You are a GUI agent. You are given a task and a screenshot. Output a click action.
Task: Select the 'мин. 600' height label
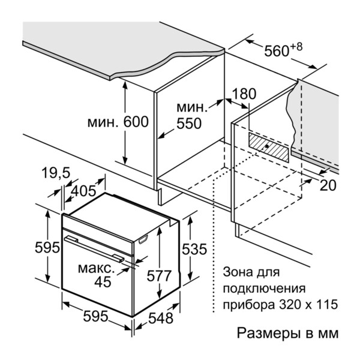[118, 122]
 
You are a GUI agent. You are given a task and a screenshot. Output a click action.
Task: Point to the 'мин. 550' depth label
[192, 116]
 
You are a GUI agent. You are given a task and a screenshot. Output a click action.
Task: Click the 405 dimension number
[84, 191]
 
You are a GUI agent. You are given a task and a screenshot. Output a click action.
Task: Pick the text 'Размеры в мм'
[288, 332]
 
